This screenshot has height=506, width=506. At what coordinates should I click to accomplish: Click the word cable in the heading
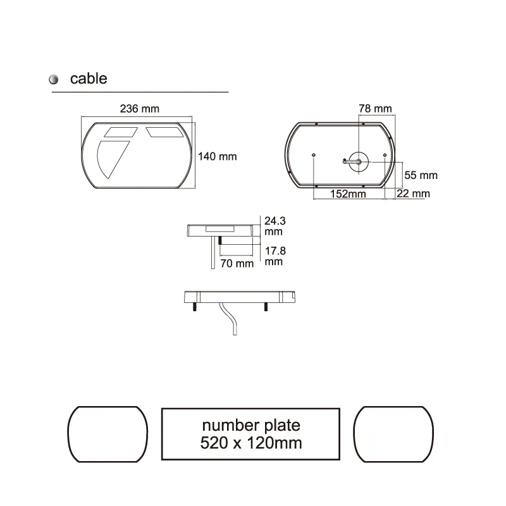(x=89, y=78)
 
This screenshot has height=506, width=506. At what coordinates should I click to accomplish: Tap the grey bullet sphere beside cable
(x=54, y=80)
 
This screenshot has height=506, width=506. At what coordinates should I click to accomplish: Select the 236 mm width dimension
(x=139, y=108)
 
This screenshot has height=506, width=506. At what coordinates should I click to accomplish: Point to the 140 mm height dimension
(x=218, y=156)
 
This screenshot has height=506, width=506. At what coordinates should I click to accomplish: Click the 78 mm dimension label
(x=375, y=108)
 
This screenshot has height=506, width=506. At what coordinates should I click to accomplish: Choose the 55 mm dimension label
(x=421, y=175)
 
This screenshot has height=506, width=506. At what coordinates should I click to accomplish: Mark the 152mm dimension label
(x=349, y=194)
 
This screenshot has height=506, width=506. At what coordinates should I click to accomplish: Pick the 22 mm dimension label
(x=412, y=194)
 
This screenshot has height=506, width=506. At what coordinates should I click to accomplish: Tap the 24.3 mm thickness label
(x=275, y=226)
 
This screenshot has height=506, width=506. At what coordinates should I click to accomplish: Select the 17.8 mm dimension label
(x=275, y=256)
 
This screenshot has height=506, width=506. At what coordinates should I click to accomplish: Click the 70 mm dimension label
(x=236, y=262)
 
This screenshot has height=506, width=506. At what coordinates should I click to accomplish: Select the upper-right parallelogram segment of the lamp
(x=163, y=132)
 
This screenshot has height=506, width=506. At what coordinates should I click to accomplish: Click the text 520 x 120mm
(x=251, y=443)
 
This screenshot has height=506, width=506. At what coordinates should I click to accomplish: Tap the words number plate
(x=251, y=424)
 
